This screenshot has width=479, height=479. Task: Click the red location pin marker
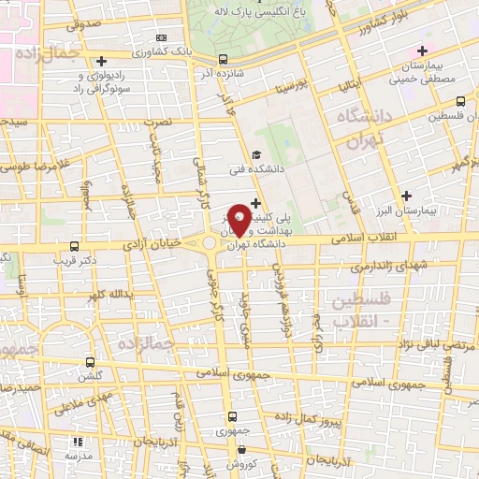pos(239,219)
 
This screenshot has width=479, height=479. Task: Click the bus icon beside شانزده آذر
pos(222,59)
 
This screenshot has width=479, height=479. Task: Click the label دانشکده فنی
pos(260,171)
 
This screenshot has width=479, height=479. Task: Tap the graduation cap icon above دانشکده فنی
pos(256,155)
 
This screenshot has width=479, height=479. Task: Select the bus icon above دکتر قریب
pos(74,247)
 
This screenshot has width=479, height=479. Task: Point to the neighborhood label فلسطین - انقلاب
pos(367,309)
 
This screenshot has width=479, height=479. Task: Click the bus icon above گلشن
pos(91,361)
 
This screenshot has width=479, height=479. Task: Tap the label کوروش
pos(239,465)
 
